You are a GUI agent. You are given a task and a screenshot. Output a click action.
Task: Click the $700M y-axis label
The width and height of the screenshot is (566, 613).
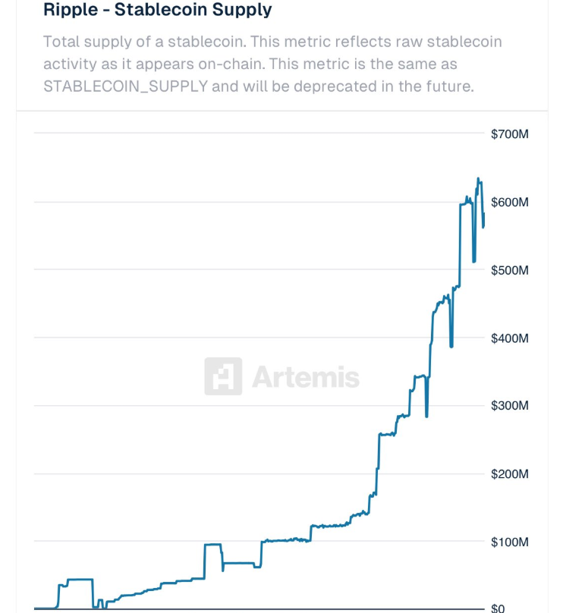click(509, 134)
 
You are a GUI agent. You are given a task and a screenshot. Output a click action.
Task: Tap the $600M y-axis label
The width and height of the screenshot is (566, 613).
click(509, 203)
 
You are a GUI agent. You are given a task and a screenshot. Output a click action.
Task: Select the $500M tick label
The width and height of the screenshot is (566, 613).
click(509, 270)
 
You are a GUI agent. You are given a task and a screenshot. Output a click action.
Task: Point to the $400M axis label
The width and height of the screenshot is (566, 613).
click(509, 338)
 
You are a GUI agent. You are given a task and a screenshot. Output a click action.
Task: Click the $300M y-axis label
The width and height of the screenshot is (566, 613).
click(509, 406)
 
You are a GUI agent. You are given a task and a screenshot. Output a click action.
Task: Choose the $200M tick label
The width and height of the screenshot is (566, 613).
click(509, 474)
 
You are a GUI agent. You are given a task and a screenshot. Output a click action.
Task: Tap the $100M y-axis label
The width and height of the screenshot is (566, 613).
click(509, 542)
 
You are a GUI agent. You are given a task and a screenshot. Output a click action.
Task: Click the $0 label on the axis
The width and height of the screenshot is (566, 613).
click(498, 608)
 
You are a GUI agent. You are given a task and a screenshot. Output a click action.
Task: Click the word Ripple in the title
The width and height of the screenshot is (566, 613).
click(69, 11)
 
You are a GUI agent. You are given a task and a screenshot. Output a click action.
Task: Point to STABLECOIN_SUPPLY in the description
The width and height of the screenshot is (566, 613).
click(125, 86)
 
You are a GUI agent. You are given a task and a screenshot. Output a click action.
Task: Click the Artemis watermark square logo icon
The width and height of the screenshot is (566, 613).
click(223, 376)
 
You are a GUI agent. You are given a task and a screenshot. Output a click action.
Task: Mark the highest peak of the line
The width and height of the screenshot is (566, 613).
click(478, 179)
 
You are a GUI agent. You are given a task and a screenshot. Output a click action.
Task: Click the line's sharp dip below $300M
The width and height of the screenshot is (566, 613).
click(426, 416)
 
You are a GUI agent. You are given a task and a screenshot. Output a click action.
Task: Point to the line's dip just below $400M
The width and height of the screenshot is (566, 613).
click(451, 346)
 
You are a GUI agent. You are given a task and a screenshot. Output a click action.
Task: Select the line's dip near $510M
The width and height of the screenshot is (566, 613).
click(474, 261)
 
